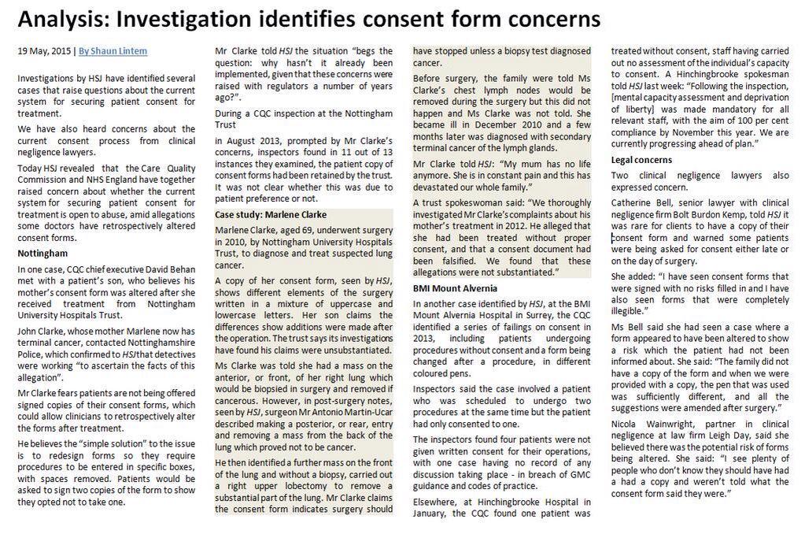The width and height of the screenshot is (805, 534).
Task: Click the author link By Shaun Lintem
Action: [113, 51]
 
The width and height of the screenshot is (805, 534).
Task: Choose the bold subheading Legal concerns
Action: [641, 160]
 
